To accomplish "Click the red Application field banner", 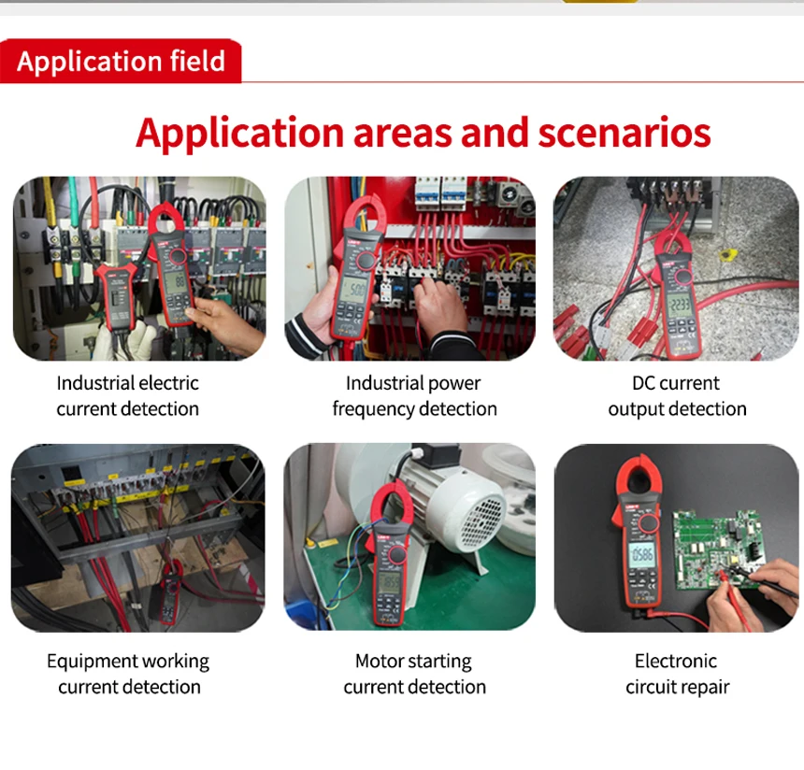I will click(121, 62).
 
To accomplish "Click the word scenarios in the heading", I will click(624, 133).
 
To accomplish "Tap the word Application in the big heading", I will click(239, 133).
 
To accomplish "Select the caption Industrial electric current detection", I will click(128, 395).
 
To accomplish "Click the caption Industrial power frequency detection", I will click(414, 395).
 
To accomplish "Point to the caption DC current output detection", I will click(677, 395).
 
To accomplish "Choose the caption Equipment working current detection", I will click(129, 674).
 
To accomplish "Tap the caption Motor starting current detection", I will click(414, 674).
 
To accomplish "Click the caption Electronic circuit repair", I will click(677, 674).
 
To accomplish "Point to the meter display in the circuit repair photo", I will click(641, 555).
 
